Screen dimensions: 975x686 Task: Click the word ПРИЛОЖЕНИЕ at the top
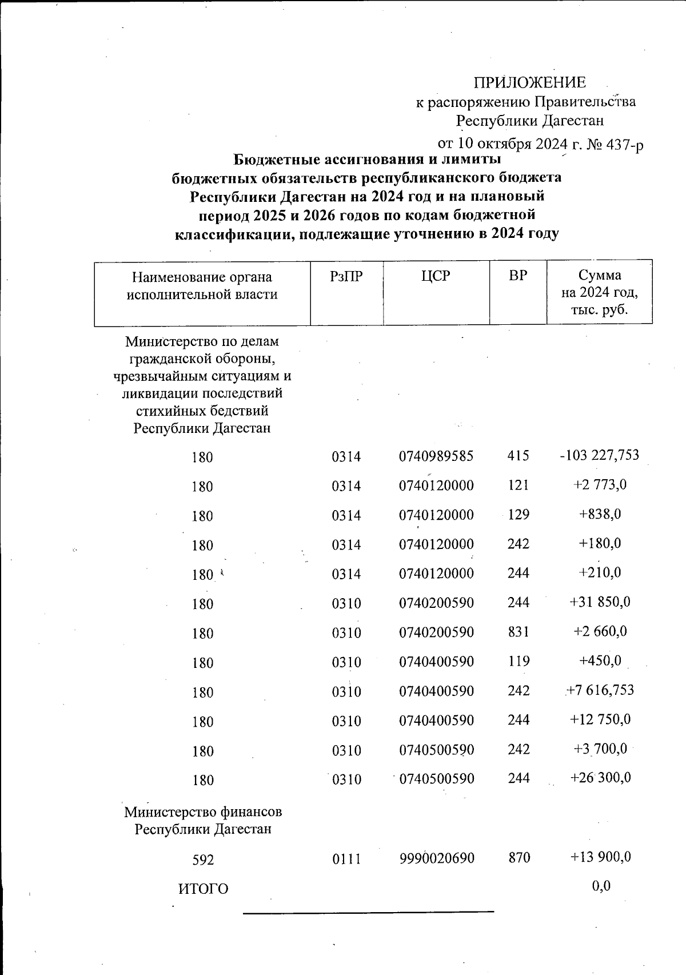click(530, 82)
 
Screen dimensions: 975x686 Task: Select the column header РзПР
click(346, 277)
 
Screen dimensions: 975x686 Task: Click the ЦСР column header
click(436, 276)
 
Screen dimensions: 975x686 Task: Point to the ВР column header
click(518, 276)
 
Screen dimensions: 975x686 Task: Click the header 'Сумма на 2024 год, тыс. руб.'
click(599, 292)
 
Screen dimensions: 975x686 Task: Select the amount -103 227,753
click(599, 455)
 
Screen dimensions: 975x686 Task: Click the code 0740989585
click(436, 456)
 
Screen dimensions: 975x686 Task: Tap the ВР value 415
click(518, 456)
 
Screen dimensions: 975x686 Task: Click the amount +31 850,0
click(600, 602)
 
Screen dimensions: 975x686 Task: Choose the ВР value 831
click(518, 632)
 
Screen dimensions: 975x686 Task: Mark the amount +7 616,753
click(600, 690)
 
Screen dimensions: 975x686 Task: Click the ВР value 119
click(518, 661)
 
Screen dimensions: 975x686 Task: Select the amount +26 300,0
click(600, 778)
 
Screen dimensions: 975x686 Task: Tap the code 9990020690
click(436, 858)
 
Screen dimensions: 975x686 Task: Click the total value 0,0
click(601, 886)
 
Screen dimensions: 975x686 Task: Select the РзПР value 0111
click(346, 858)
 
